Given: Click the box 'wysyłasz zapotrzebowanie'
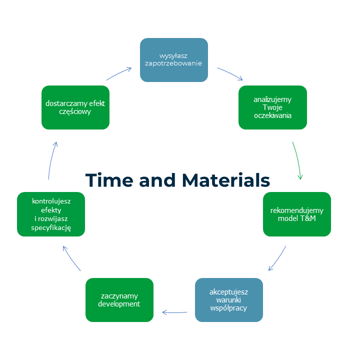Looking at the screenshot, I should tap(173, 60).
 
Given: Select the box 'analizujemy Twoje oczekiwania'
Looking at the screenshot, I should tap(272, 107).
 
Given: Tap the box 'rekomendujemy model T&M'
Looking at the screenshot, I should tap(297, 214).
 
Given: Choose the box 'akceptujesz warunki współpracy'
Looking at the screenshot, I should tap(228, 300).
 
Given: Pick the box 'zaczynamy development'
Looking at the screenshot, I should tap(119, 300).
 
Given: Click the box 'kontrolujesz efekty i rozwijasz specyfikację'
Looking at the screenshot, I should tap(51, 214).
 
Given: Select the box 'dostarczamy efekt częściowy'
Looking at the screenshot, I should tap(75, 107).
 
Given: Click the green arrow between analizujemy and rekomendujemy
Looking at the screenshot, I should tap(298, 160).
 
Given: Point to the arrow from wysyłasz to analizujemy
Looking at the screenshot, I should tap(230, 73).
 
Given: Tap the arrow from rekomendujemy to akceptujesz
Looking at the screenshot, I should tap(278, 258).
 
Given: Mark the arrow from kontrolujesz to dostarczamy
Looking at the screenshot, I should tap(52, 160).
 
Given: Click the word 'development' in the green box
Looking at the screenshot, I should tap(119, 304).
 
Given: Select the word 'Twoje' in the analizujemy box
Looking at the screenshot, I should tap(272, 107).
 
